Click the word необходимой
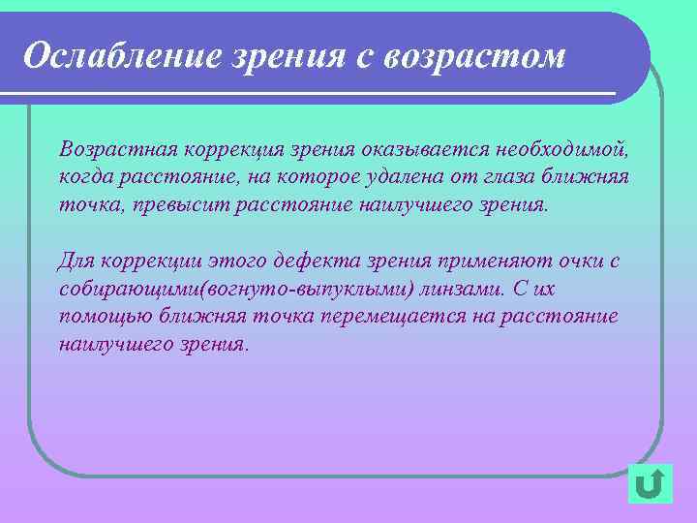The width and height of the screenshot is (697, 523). point(562,151)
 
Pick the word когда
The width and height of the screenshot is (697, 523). point(84,178)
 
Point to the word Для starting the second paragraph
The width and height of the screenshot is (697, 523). point(76,261)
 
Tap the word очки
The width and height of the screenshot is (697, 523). point(572,261)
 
